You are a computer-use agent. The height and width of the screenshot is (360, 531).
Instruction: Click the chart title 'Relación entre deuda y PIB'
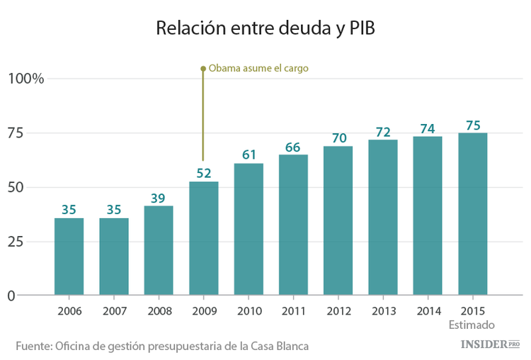tap(265, 28)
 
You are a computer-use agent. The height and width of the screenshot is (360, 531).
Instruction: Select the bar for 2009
tap(203, 238)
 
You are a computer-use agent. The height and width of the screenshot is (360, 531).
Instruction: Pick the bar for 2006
tap(69, 257)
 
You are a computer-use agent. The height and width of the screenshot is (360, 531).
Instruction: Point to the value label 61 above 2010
tap(249, 154)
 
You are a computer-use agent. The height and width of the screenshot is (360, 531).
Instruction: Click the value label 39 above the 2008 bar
tap(159, 198)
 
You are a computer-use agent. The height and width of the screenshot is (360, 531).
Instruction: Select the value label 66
tap(293, 147)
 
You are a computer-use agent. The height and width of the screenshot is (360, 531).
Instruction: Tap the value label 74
tap(428, 128)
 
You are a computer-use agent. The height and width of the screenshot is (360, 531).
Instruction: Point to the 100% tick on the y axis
tap(26, 79)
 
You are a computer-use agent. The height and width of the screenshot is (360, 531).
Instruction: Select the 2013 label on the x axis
tap(382, 310)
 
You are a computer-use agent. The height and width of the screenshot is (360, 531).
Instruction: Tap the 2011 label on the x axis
tap(293, 310)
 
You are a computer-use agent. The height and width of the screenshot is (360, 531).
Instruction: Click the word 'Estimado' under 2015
tap(472, 325)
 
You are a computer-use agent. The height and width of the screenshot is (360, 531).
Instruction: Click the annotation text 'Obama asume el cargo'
tap(258, 69)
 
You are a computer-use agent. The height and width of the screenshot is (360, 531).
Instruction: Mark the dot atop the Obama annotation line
tap(203, 69)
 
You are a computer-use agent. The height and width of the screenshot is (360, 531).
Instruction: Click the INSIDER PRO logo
tap(490, 344)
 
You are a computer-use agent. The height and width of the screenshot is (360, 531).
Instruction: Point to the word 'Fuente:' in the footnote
tap(34, 345)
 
